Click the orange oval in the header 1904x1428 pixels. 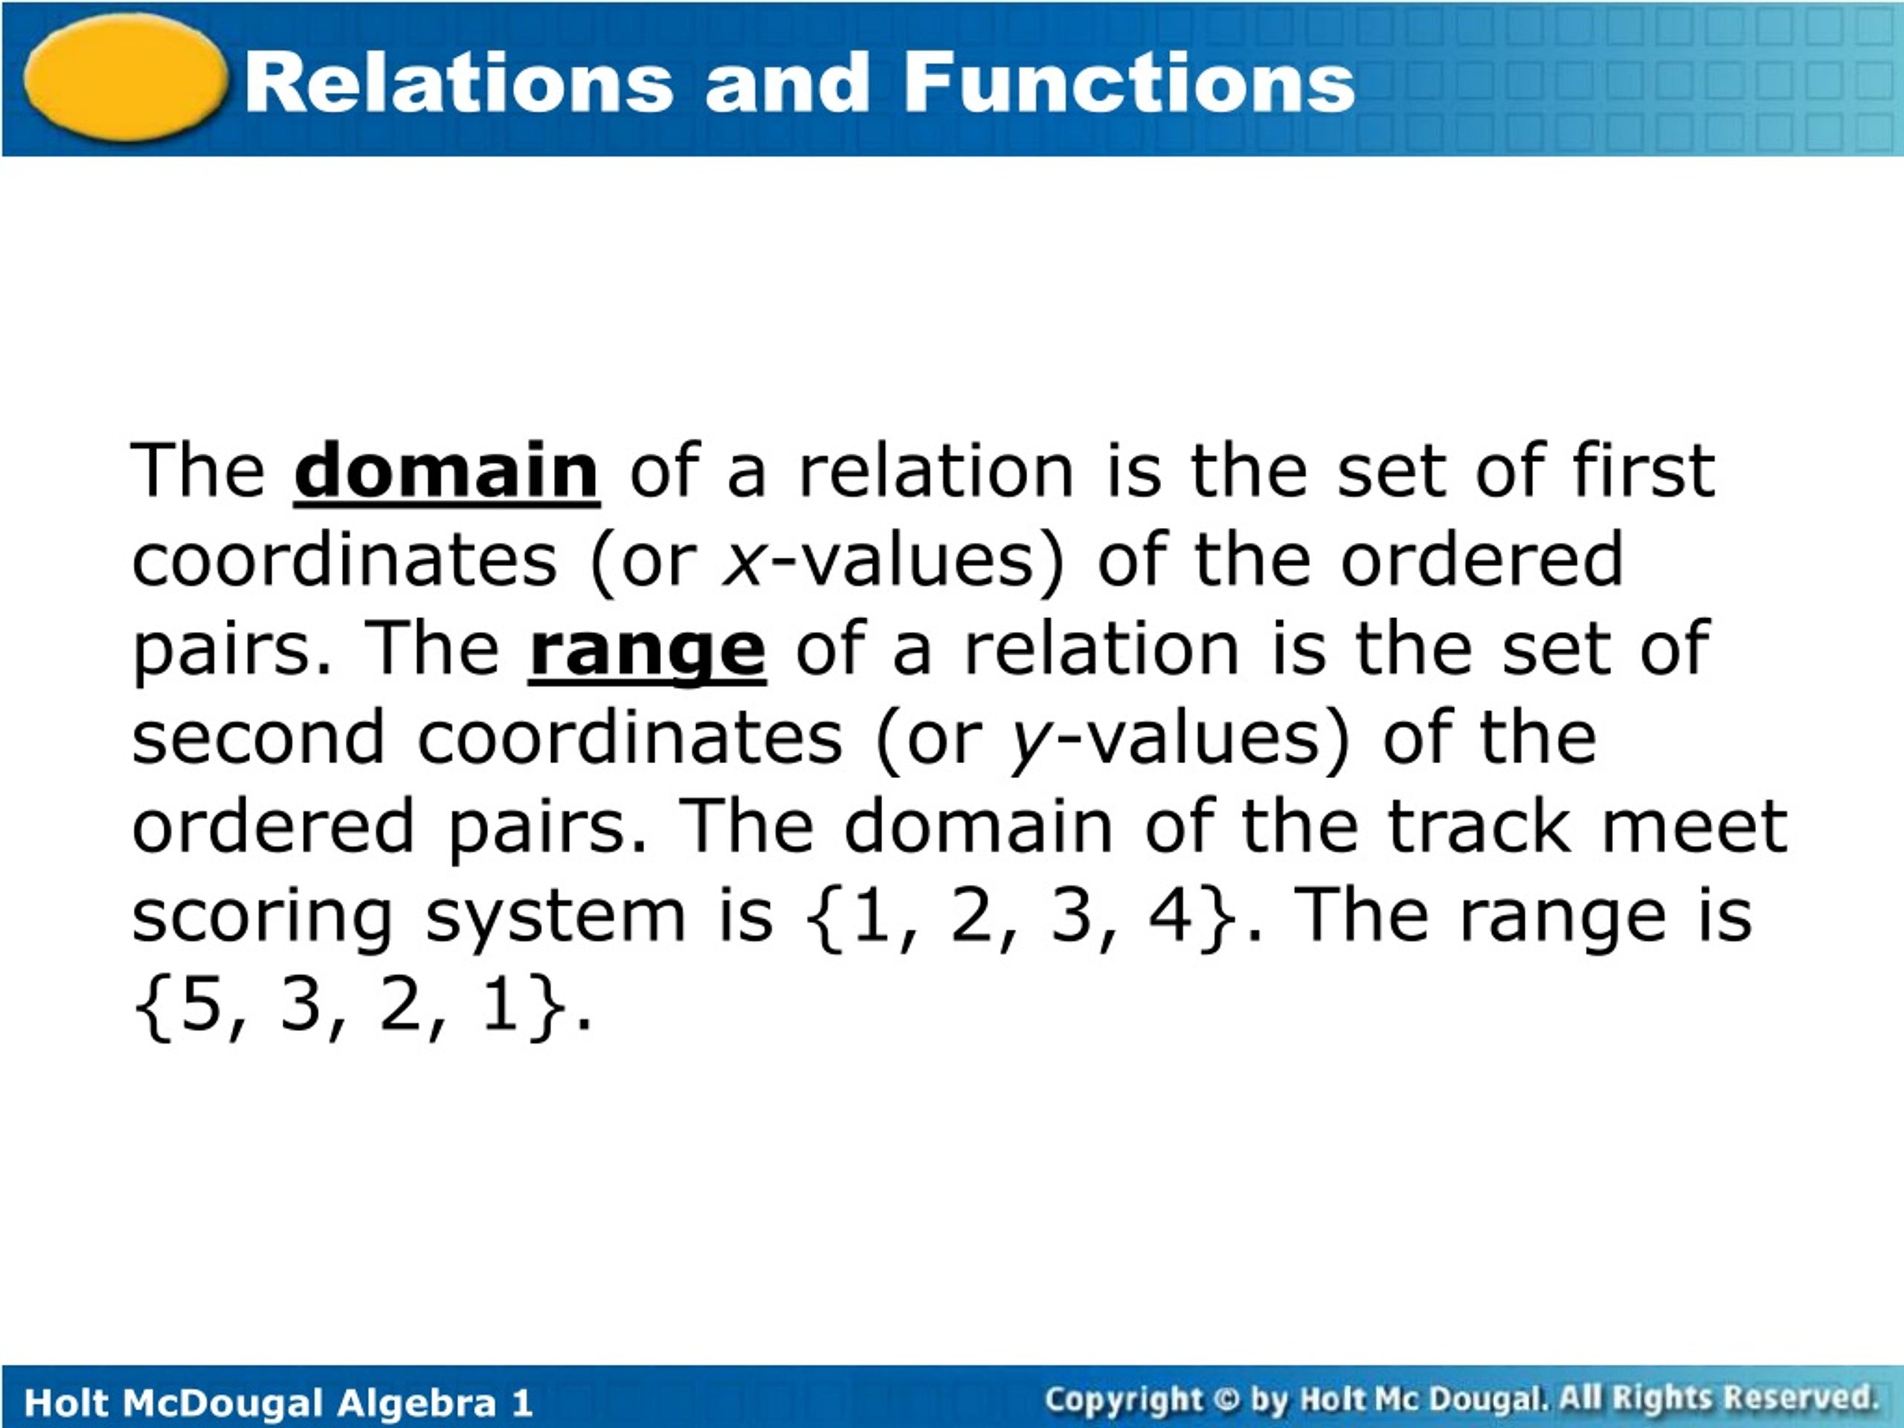(x=126, y=77)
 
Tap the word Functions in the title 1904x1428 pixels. (x=1128, y=83)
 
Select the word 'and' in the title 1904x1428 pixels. (x=787, y=83)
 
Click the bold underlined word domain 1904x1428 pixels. (x=446, y=471)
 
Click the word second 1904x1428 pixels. (x=257, y=738)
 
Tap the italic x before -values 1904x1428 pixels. (x=743, y=562)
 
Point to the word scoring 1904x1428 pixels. (x=262, y=918)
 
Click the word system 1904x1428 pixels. (x=555, y=918)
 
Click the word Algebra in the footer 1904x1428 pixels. (x=416, y=1403)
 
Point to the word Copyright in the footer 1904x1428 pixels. (x=1122, y=1400)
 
